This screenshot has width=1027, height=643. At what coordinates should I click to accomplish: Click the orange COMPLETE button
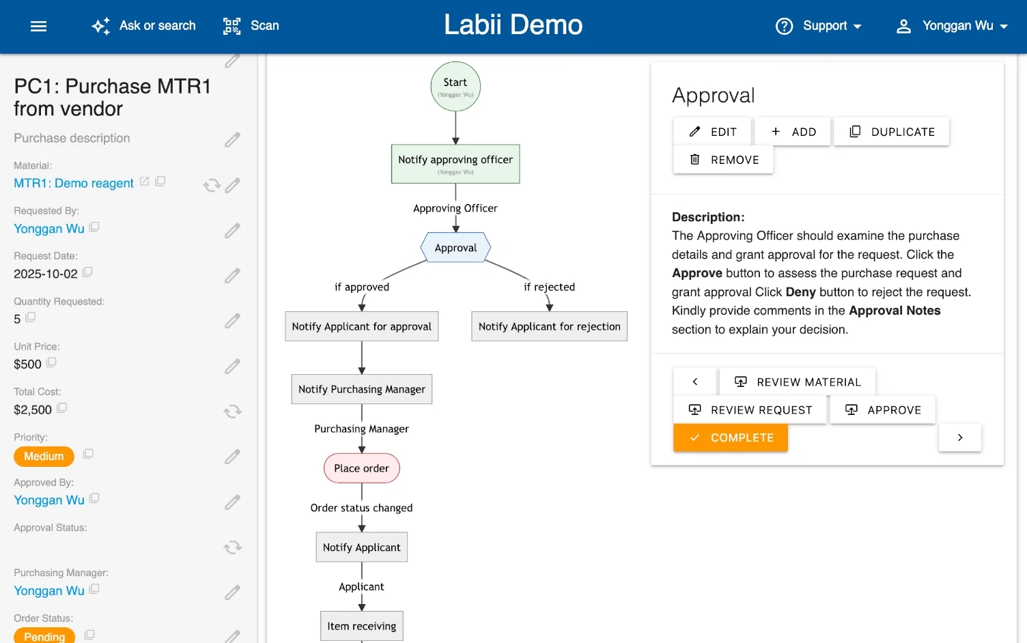(730, 438)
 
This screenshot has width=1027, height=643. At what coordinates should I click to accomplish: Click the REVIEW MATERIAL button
(797, 382)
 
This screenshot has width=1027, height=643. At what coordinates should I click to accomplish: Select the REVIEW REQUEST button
(750, 410)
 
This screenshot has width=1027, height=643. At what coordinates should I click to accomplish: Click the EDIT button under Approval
(712, 132)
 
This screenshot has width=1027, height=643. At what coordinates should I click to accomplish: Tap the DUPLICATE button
(891, 132)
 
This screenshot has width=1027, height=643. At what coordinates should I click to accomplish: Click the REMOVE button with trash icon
(723, 160)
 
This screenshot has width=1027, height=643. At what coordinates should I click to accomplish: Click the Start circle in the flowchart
(455, 87)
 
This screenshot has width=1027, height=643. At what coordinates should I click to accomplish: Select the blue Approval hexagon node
(455, 248)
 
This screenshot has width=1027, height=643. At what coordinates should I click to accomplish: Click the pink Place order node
(361, 468)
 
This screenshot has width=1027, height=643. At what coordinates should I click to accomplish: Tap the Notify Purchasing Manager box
(361, 389)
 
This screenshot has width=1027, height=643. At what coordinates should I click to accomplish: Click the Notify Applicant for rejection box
(549, 326)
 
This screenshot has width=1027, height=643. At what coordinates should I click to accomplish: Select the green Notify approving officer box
(455, 164)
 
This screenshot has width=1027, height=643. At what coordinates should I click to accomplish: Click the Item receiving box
(361, 626)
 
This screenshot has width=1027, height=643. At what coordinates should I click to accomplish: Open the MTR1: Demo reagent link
(74, 183)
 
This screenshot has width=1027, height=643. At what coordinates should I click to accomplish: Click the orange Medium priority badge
(44, 456)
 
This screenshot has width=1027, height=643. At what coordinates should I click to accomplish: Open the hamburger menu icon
(39, 26)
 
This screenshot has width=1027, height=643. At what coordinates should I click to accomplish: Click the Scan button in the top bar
(251, 26)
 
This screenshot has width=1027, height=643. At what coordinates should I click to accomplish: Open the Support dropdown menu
(819, 26)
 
